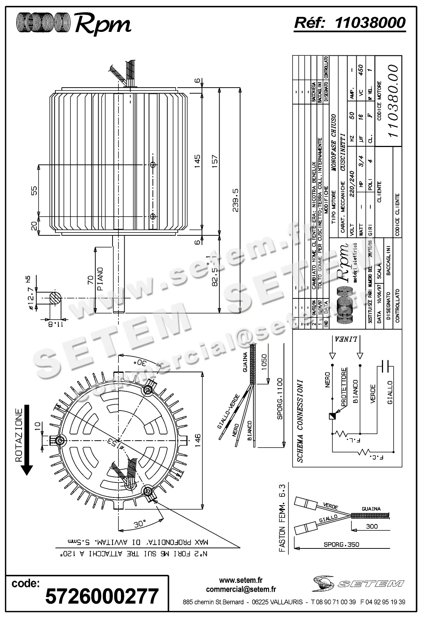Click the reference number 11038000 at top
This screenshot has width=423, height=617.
(x=370, y=23)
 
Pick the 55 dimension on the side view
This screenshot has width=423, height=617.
(x=34, y=191)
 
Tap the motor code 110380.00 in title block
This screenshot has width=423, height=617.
(x=393, y=101)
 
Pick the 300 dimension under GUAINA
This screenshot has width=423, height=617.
(x=372, y=526)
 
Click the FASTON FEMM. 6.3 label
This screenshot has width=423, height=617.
(x=282, y=521)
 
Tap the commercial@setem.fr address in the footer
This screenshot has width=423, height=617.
(x=241, y=590)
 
